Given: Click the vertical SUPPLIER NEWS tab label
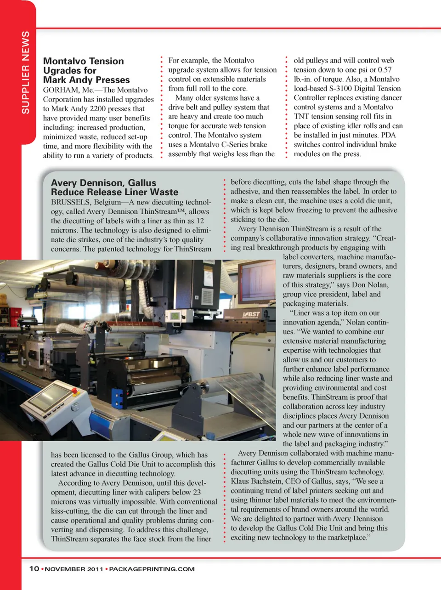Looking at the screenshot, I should tap(26, 72).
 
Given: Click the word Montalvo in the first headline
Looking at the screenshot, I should tap(64, 61).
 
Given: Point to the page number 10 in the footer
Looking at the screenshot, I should tap(34, 569).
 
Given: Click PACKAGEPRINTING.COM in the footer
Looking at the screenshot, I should tap(152, 569).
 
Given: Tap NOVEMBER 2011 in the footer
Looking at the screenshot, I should tap(74, 569).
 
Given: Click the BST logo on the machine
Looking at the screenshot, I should tap(252, 315).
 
